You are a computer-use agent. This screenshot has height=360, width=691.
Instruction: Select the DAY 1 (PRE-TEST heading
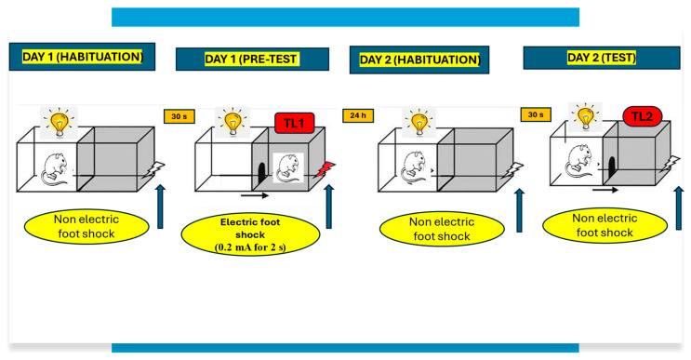click(x=252, y=60)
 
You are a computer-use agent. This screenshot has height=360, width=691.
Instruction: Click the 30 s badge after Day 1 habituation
click(x=178, y=115)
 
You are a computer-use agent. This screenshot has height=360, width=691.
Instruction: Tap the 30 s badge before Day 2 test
click(x=535, y=115)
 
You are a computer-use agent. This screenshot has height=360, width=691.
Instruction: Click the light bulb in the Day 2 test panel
click(x=585, y=117)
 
